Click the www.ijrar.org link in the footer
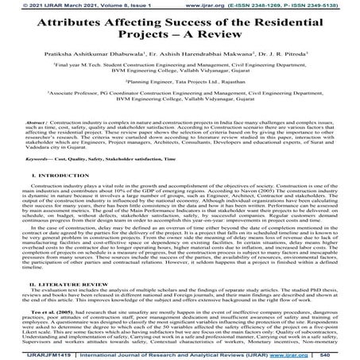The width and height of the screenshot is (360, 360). tap(295, 354)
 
